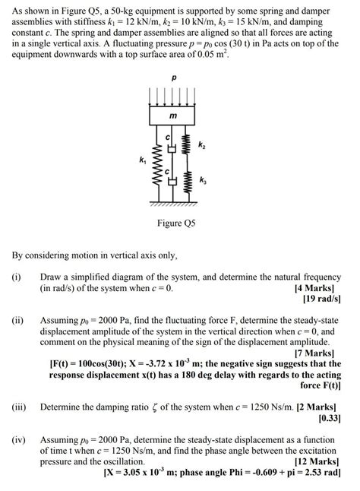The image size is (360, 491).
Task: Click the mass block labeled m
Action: pos(173,115)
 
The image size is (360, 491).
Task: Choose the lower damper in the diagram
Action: pos(172,182)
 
